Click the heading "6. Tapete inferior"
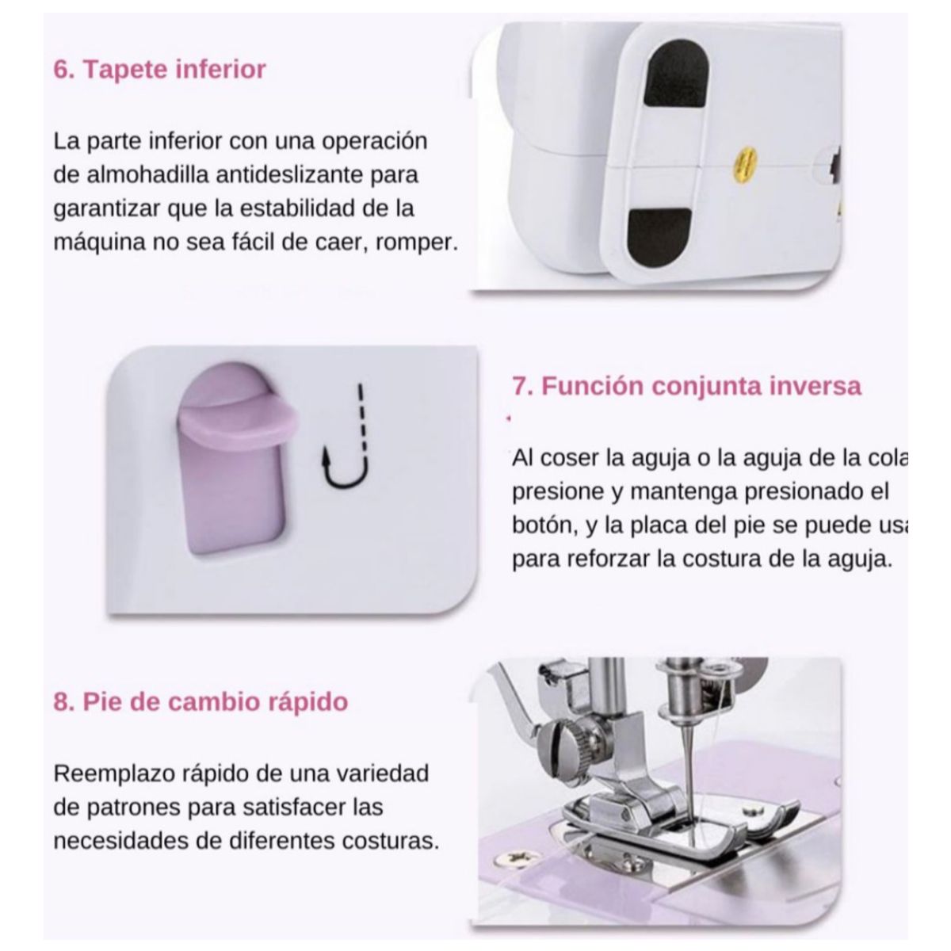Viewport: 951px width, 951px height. click(x=159, y=70)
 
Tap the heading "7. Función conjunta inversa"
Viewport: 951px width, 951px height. click(x=686, y=386)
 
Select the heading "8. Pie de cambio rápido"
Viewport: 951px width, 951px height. click(x=201, y=702)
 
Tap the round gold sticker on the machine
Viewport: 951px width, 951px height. click(x=743, y=161)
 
